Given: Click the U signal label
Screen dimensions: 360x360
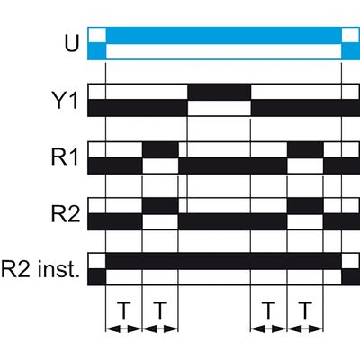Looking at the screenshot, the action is (71, 44).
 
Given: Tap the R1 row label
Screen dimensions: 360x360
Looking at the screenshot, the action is (65, 157).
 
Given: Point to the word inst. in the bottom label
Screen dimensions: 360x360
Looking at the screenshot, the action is (59, 270).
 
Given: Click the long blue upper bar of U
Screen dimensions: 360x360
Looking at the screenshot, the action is (224, 35).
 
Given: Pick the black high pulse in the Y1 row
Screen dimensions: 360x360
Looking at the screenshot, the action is (220, 92).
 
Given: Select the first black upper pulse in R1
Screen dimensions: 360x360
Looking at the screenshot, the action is (160, 149).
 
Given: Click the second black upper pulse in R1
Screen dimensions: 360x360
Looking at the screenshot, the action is (305, 149).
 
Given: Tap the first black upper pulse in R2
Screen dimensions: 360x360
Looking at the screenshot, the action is (160, 206).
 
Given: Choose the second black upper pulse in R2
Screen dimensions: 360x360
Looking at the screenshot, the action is (305, 206).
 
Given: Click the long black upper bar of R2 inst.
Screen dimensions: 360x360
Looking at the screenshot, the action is (224, 261).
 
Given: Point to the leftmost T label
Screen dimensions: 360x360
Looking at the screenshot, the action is (123, 310).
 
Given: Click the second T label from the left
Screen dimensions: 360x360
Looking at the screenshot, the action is (160, 310).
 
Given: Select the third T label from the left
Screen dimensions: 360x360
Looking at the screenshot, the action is (268, 310).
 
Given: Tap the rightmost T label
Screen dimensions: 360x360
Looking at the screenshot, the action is (305, 310).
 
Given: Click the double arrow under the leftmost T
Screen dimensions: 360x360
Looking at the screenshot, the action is (124, 329).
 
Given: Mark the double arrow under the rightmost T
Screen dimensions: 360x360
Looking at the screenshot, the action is (305, 329).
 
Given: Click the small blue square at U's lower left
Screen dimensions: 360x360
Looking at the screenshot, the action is (97, 51).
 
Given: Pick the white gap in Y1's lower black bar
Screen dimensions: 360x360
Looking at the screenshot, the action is (220, 108).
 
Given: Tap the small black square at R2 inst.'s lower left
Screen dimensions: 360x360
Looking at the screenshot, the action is (97, 277).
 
